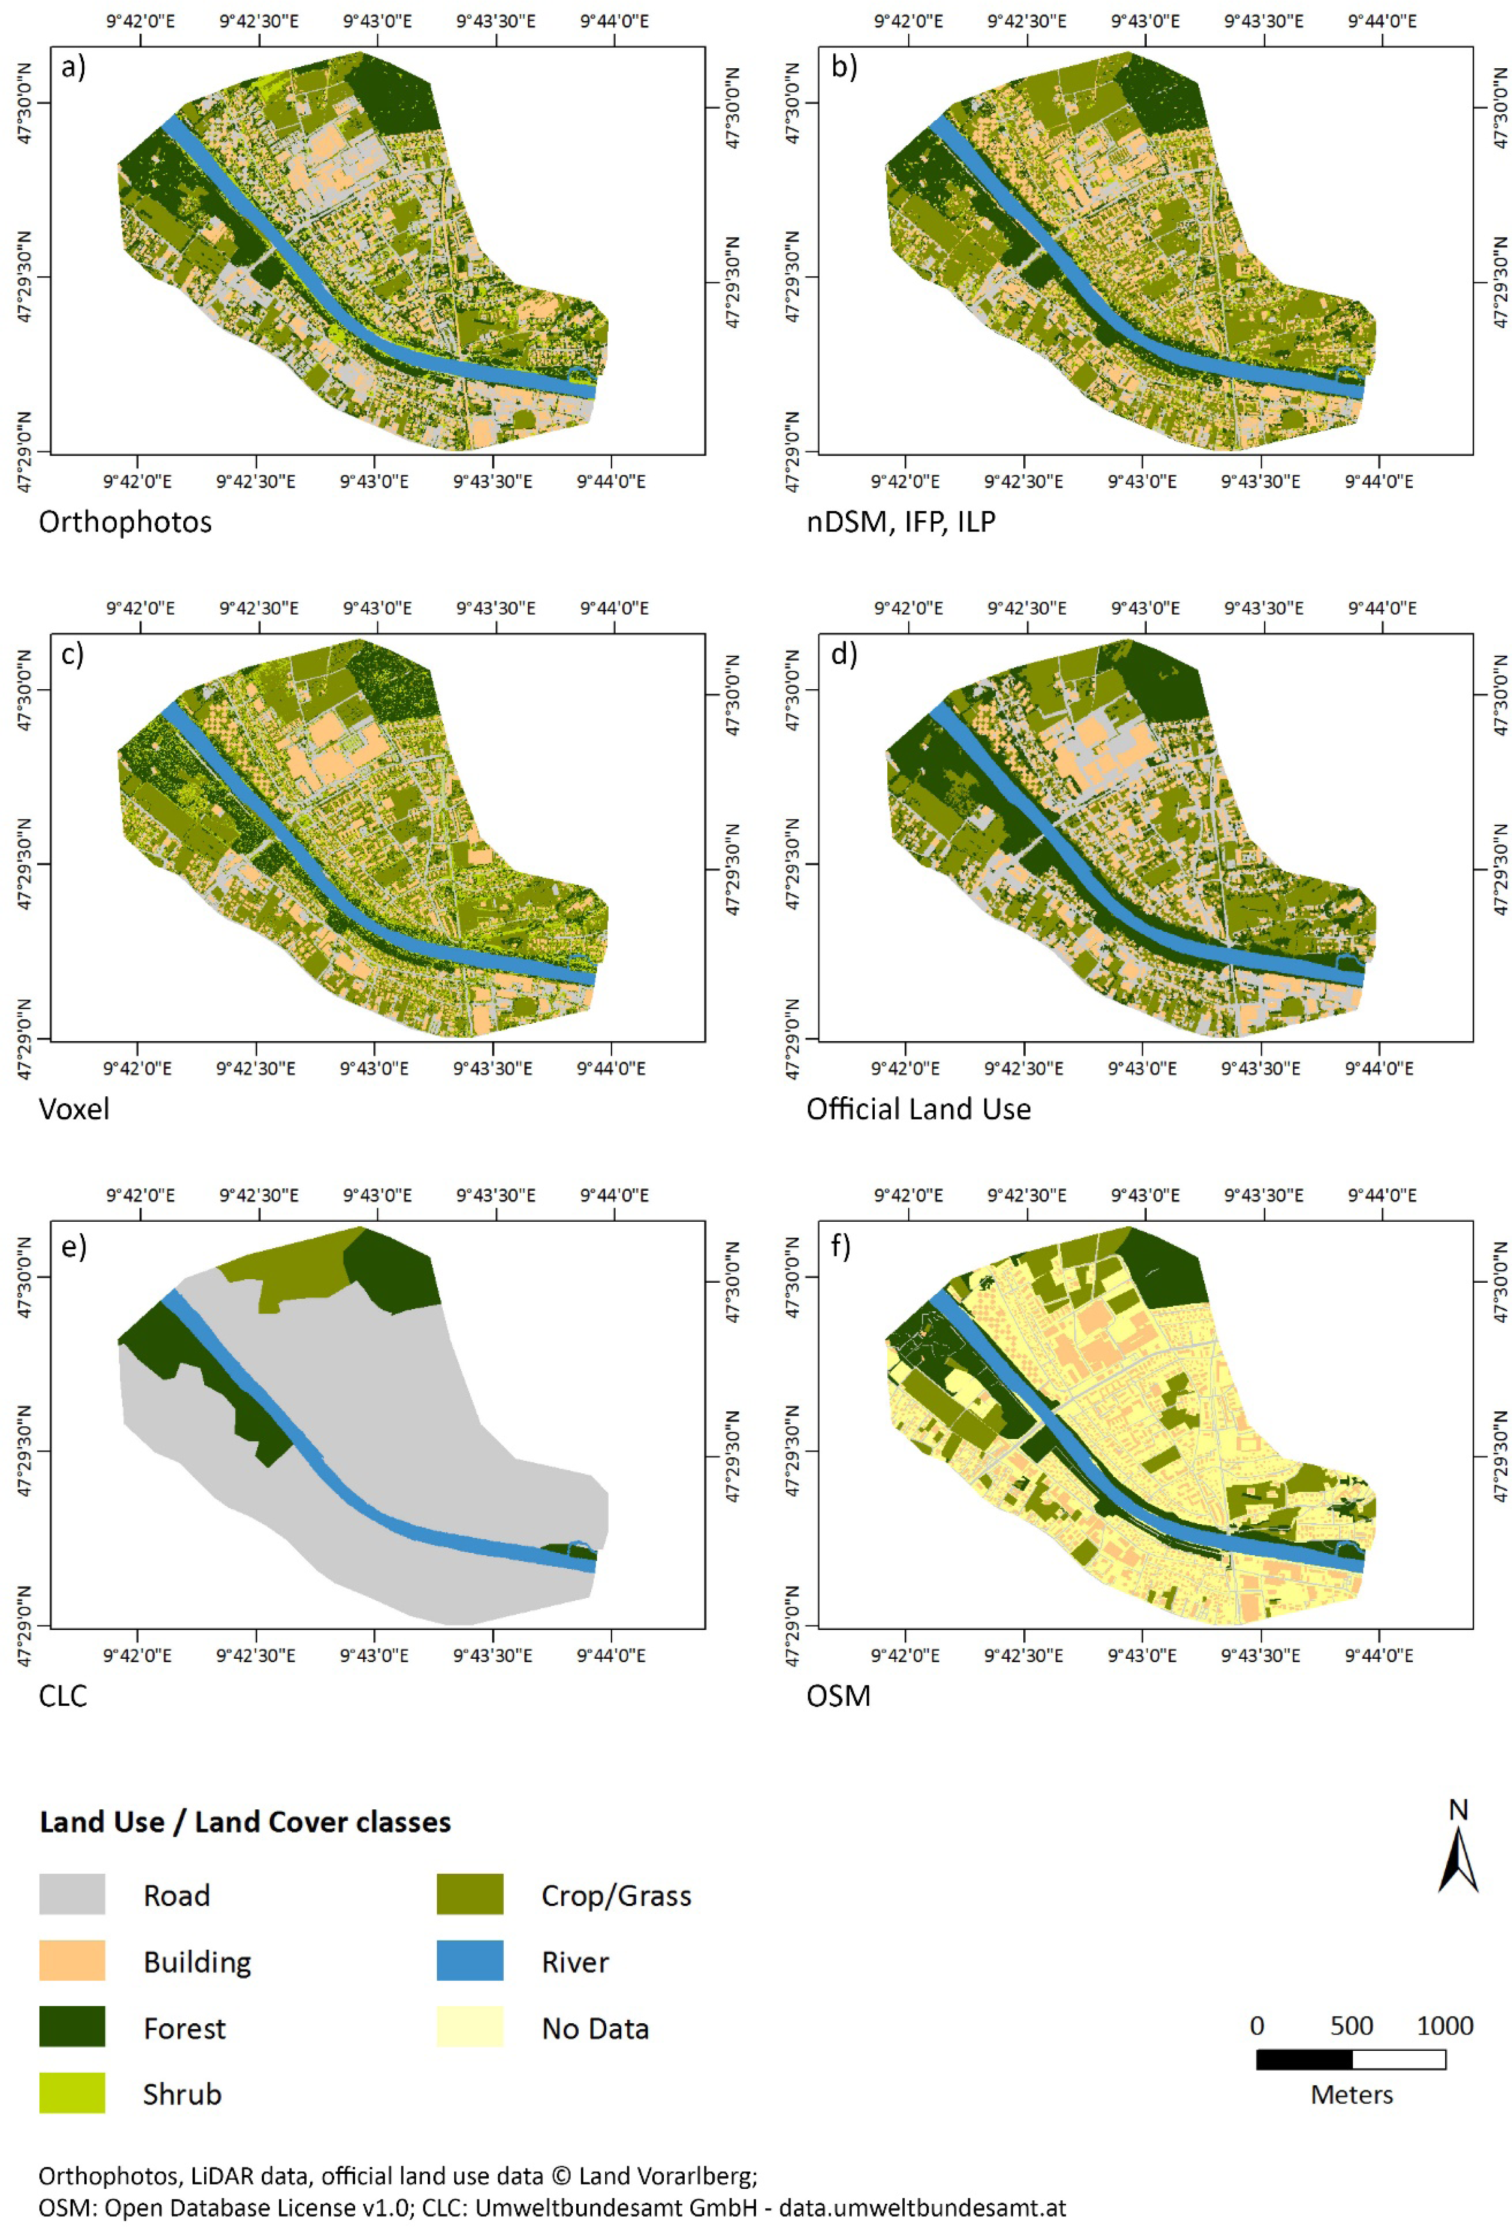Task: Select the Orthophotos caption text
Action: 124,522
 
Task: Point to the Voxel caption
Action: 74,1110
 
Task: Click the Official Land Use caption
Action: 918,1110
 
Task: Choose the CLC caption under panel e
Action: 62,1696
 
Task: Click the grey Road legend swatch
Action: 72,1895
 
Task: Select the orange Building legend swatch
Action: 72,1962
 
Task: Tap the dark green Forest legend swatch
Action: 72,2028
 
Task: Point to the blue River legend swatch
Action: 469,1962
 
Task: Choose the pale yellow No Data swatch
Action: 469,2028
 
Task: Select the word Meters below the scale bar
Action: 1351,2095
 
